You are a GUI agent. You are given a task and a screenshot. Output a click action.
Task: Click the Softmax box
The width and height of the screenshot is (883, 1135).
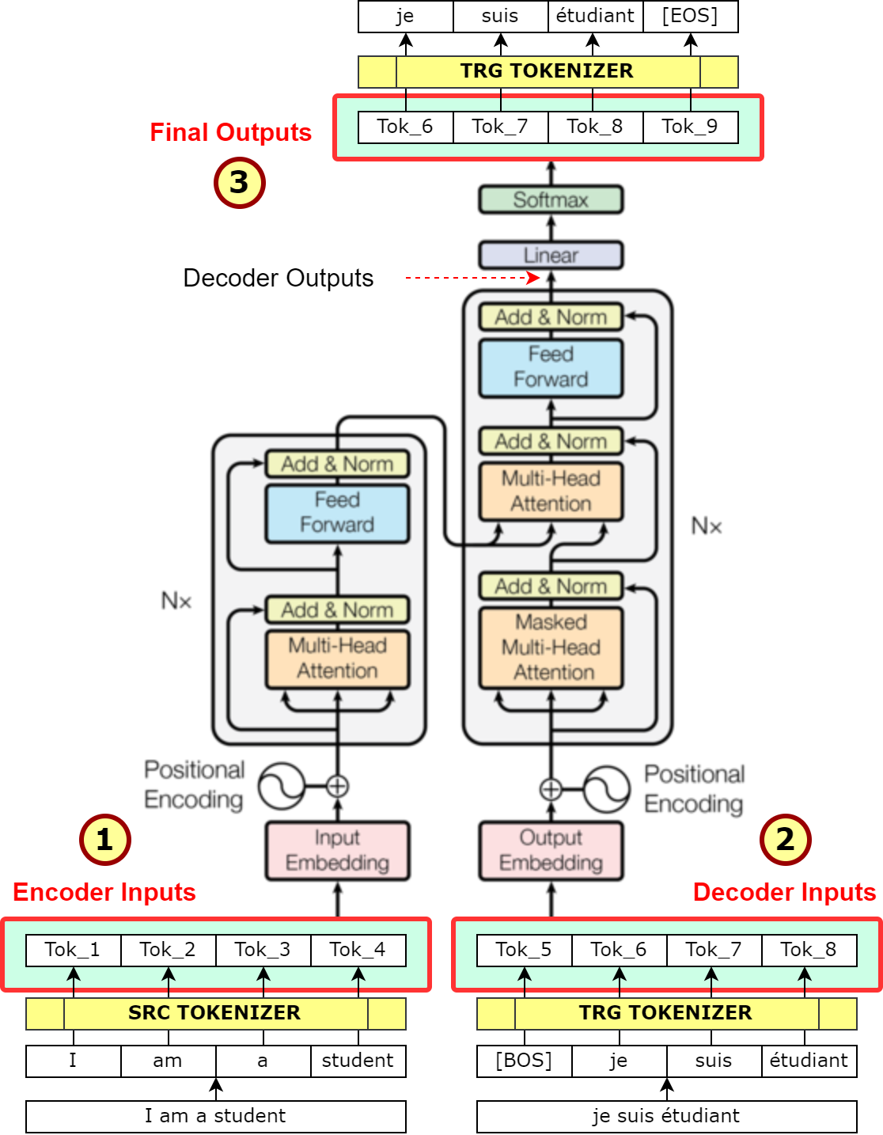point(551,199)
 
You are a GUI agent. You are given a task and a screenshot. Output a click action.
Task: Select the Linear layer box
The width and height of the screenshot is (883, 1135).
point(551,255)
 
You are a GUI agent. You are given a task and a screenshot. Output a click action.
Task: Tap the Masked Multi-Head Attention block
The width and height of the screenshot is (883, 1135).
point(551,647)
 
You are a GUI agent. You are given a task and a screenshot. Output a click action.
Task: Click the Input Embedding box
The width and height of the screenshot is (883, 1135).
point(337,851)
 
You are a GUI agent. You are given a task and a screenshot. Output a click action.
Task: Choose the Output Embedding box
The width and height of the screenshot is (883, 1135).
point(551,851)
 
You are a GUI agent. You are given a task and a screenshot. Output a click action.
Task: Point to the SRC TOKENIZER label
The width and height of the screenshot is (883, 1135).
point(214,1013)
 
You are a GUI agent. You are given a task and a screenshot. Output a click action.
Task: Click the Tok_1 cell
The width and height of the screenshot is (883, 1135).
point(73,950)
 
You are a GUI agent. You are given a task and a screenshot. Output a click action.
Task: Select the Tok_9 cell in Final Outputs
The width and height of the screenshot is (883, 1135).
point(690,127)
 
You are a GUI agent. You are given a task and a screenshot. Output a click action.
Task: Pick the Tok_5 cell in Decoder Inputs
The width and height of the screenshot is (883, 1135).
point(524,950)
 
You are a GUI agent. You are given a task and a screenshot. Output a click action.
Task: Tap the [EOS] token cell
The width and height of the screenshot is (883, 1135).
point(690,16)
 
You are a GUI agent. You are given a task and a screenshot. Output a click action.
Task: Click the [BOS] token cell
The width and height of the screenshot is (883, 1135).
point(524,1061)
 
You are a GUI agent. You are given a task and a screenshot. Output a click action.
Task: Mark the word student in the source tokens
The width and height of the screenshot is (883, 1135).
point(358,1061)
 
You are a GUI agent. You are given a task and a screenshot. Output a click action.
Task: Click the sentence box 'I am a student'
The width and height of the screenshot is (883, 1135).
point(215,1116)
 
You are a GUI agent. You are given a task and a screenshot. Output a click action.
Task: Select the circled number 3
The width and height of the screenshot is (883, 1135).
point(239,183)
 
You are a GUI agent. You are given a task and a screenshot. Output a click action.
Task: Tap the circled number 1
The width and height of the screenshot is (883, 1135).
point(104,840)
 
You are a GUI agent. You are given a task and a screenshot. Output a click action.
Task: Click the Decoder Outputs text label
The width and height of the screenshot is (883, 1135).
point(278,278)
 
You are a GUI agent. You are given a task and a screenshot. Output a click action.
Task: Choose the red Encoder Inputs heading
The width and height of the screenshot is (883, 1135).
point(104,892)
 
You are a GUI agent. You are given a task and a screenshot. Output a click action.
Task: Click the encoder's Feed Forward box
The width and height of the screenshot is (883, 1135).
point(337,513)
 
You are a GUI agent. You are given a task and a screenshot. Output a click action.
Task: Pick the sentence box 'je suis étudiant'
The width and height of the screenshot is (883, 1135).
point(666,1116)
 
